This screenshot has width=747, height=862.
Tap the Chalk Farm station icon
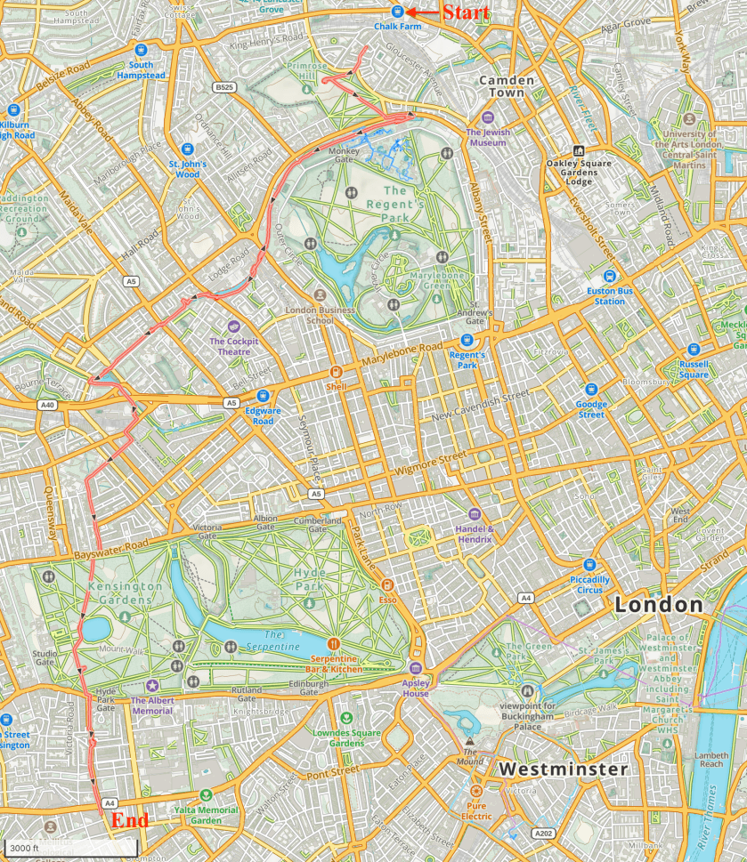point(397,12)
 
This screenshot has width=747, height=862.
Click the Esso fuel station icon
point(386,584)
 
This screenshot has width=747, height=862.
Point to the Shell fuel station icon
point(336,372)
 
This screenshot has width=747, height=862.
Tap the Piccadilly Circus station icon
point(589,564)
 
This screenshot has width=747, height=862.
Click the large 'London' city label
point(658,605)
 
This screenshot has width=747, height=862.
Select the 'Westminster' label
point(563,768)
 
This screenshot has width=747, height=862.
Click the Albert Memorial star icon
point(152,685)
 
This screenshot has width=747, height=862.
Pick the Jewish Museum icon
point(487,117)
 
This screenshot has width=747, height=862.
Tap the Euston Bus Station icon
point(610,276)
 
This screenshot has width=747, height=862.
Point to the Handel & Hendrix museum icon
point(474,514)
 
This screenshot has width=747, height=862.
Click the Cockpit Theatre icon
point(234,326)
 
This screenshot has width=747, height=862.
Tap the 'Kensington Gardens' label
point(125,592)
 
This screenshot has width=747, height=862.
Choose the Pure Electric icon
point(475,790)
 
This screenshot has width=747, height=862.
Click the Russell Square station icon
point(694,349)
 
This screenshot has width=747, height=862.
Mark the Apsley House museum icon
point(415,669)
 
